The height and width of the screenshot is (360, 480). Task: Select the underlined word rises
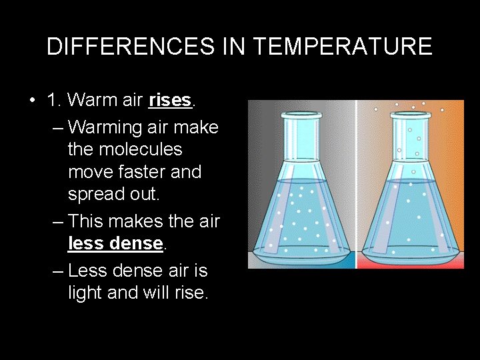170,101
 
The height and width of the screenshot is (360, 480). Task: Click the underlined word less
87,244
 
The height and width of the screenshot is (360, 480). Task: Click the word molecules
125,149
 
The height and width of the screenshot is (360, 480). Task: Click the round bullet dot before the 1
32,101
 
